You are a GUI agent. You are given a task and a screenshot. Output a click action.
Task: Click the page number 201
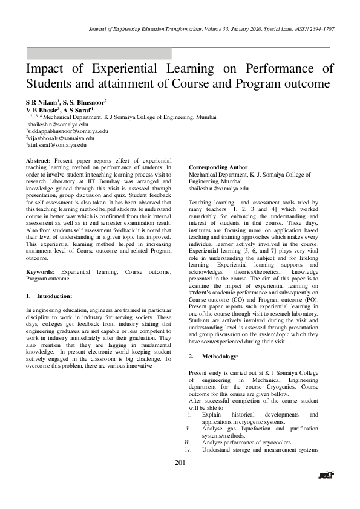pyautogui.click(x=179, y=463)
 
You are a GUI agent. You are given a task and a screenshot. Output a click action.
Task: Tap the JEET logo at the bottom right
pyautogui.click(x=326, y=475)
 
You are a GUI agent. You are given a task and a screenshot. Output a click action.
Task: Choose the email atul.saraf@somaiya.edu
pyautogui.click(x=57, y=145)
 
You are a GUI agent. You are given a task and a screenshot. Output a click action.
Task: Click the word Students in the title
pyautogui.click(x=51, y=83)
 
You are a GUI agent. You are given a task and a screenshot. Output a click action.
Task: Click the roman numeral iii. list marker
pyautogui.click(x=188, y=442)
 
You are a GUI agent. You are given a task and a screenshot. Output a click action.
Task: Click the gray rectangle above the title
pyautogui.click(x=99, y=53)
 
